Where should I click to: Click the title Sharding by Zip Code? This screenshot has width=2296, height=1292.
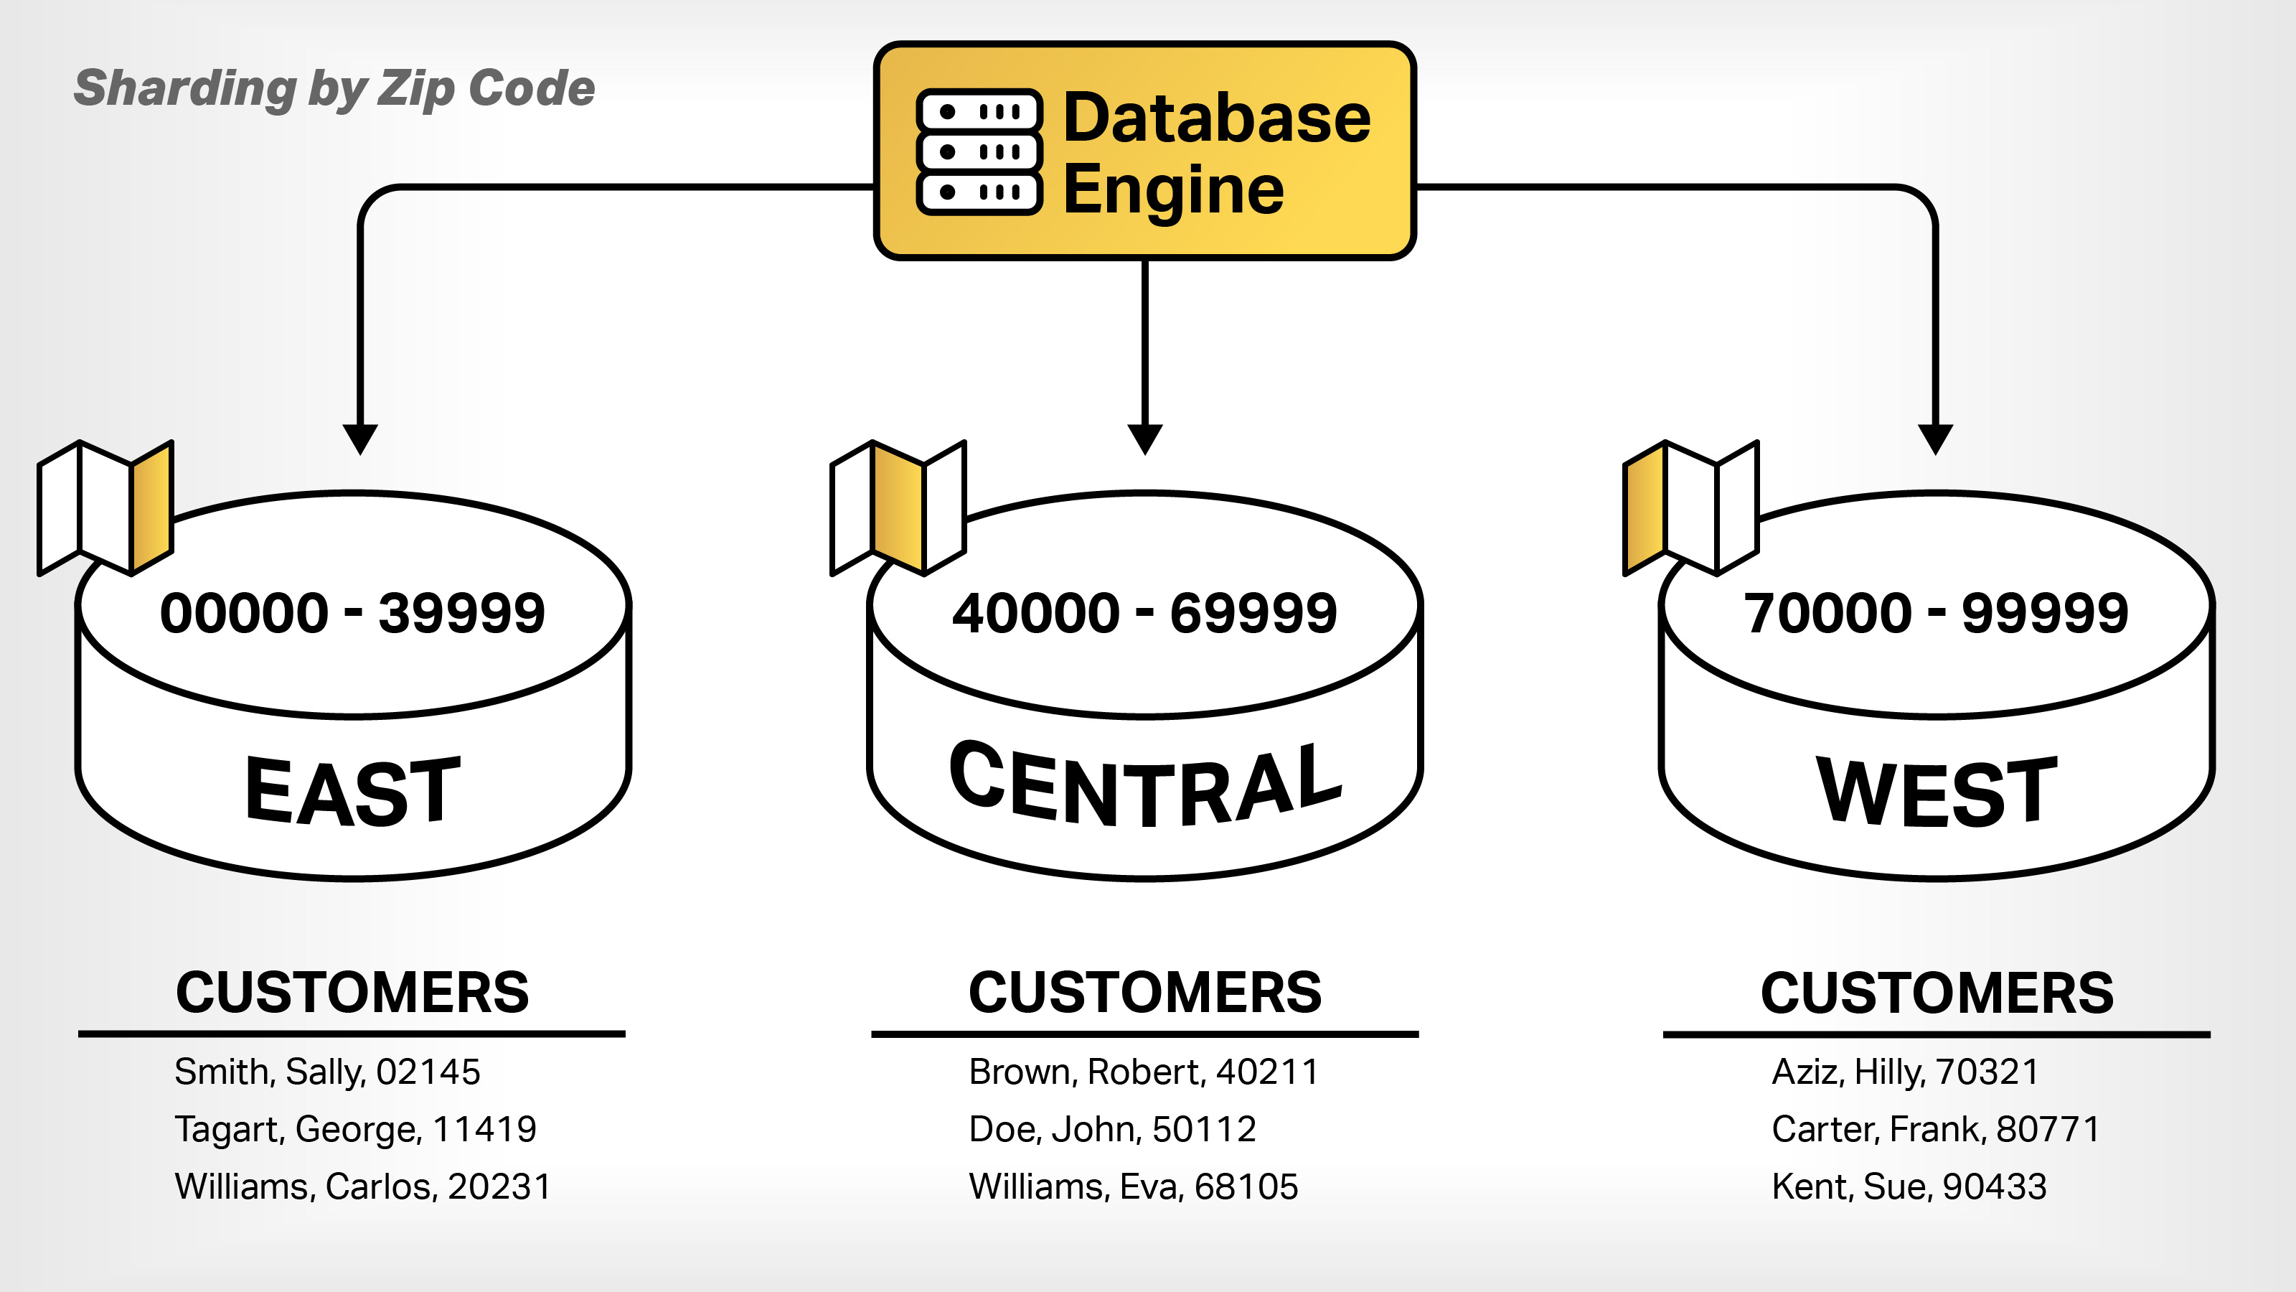[x=334, y=88]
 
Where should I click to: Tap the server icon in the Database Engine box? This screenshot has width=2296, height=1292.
[x=979, y=151]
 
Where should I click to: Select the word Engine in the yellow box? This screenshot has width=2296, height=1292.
[x=1173, y=190]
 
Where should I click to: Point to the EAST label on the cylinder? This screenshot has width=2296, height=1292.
[x=353, y=791]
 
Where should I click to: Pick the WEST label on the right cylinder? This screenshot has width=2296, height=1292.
[x=1937, y=791]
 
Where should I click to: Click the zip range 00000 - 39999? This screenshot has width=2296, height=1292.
[x=352, y=614]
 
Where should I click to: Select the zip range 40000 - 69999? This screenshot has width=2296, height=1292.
[x=1144, y=614]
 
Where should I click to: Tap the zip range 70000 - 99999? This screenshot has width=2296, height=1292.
[x=1936, y=614]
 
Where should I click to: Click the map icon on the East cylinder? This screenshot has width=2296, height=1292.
[x=105, y=507]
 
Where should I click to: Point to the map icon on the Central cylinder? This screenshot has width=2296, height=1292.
[x=898, y=507]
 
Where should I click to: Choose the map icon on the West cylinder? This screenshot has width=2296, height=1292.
[x=1690, y=507]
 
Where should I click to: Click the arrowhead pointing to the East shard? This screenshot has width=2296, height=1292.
[x=360, y=439]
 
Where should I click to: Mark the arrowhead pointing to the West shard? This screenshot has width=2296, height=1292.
[x=1935, y=439]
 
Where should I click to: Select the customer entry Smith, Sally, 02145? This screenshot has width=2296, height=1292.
[x=327, y=1072]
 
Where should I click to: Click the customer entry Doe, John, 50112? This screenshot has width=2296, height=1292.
[x=1112, y=1130]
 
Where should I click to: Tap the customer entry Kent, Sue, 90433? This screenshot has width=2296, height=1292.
[x=1909, y=1186]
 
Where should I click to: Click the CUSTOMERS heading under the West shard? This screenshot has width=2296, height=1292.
[x=1937, y=993]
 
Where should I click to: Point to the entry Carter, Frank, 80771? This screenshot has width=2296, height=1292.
[x=1936, y=1130]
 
